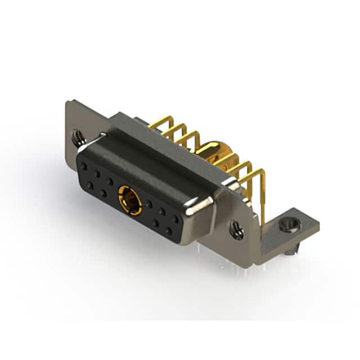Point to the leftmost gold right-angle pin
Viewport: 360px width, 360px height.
point(159,123)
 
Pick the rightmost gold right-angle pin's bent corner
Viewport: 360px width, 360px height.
point(263,173)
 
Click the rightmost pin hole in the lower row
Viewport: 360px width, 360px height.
point(168,231)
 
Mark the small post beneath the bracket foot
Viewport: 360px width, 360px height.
point(288,254)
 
